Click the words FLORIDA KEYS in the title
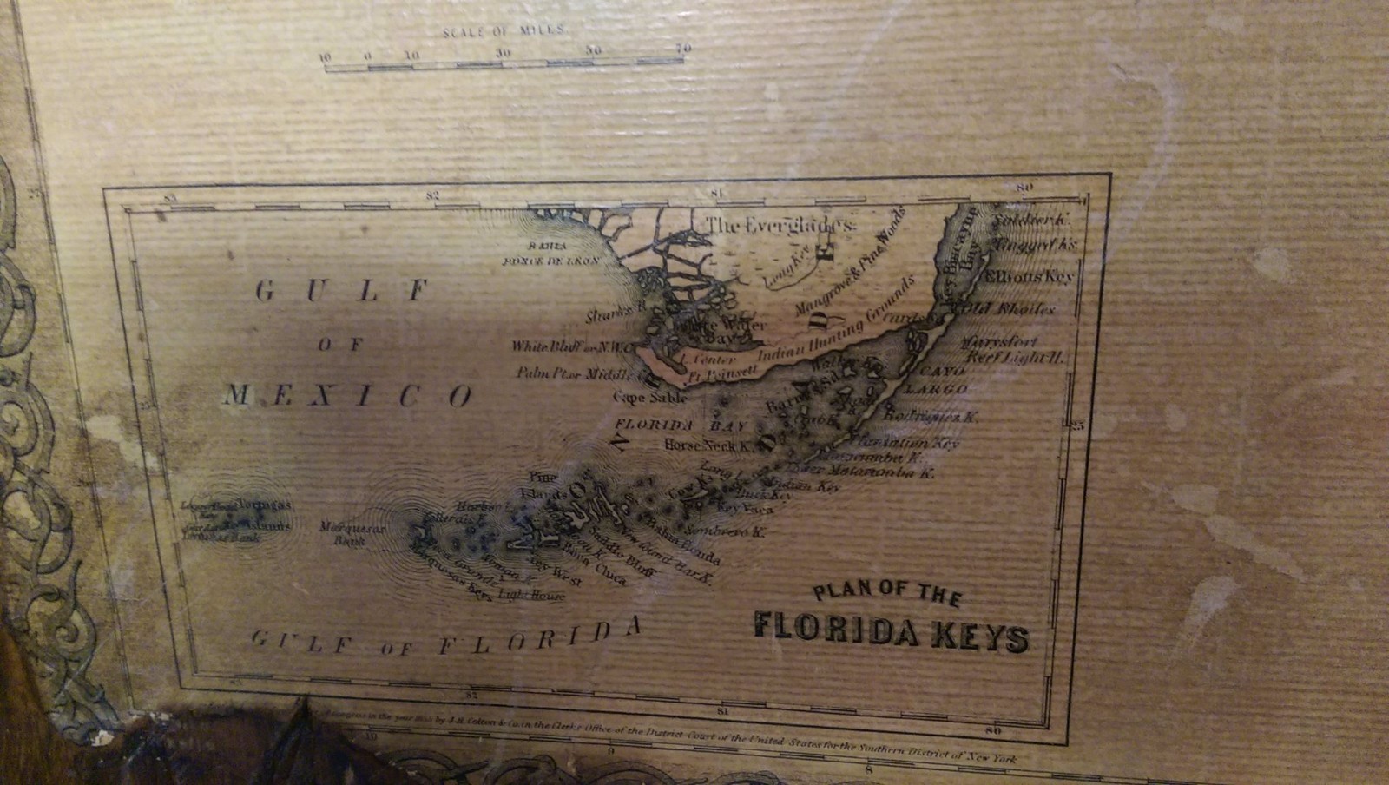click(891, 633)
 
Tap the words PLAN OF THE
click(886, 596)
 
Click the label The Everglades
click(780, 226)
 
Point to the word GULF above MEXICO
click(344, 291)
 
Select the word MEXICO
click(348, 396)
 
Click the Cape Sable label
click(650, 398)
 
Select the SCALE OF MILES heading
click(504, 31)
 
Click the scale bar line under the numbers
click(504, 63)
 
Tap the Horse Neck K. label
click(707, 445)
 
